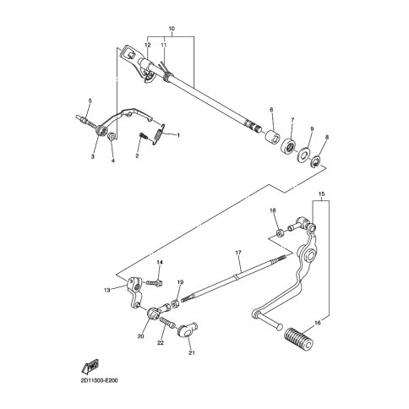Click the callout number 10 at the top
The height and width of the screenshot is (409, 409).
tap(172, 29)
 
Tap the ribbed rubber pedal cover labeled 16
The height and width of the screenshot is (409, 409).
tap(299, 338)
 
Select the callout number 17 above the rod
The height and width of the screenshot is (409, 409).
tap(238, 253)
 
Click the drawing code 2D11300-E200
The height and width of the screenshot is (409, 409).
tap(96, 381)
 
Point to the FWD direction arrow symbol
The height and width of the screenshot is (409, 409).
tap(90, 366)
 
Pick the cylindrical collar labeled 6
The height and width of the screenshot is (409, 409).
tap(272, 136)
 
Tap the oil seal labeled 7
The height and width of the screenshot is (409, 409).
tap(289, 146)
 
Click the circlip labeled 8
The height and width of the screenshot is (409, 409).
tap(315, 162)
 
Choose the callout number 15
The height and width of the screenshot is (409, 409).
tap(321, 194)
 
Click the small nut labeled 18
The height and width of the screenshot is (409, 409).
tap(280, 232)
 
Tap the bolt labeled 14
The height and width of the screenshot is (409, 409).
tap(154, 282)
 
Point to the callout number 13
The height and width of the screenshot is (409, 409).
tap(106, 290)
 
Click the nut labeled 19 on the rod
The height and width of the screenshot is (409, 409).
tap(176, 304)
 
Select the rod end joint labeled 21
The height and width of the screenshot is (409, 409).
tap(187, 330)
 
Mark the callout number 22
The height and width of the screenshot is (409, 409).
tap(161, 343)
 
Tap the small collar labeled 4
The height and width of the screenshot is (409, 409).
tap(112, 136)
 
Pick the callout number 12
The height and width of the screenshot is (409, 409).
tap(148, 45)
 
